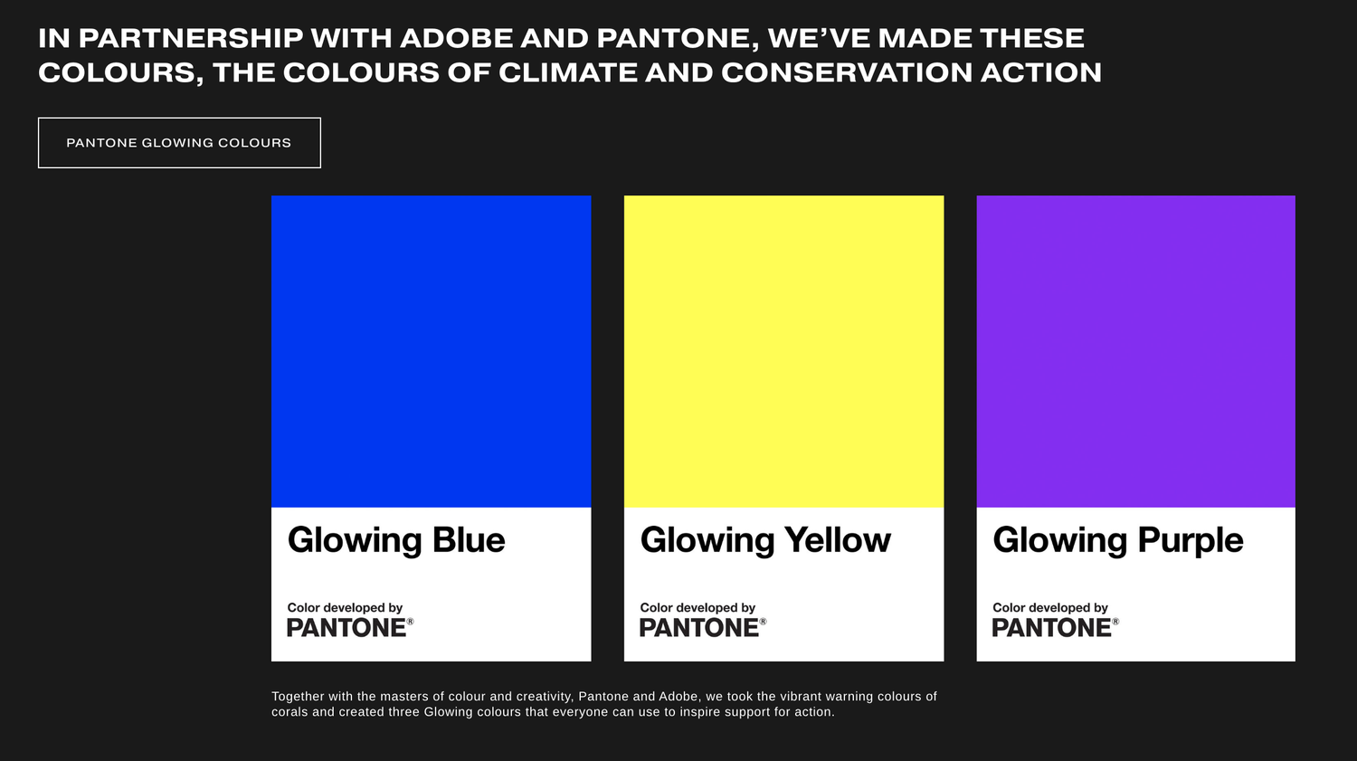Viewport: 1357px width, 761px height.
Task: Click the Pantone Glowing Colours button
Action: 179,143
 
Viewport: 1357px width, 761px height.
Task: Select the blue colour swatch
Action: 431,351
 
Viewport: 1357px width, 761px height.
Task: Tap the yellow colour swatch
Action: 783,351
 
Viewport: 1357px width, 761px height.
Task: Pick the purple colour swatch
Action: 1135,351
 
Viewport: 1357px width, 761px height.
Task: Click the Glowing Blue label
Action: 396,540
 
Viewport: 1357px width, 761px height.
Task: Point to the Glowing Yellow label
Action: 765,540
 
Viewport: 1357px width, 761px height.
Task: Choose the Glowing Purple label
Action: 1118,540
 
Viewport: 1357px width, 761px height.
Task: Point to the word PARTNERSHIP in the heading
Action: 191,38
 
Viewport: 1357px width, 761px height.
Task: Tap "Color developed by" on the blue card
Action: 345,608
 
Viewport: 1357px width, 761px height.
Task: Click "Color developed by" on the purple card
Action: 1050,608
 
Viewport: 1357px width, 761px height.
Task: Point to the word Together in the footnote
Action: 298,697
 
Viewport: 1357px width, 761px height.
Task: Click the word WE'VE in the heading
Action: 818,38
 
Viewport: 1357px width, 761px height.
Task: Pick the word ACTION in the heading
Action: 1041,72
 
